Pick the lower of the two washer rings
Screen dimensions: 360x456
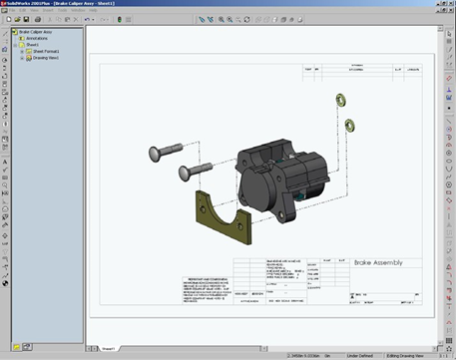pyautogui.click(x=350, y=125)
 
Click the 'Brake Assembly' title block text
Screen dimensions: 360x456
pyautogui.click(x=379, y=263)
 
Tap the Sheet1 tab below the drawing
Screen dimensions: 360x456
pyautogui.click(x=107, y=348)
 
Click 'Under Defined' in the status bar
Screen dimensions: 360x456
pyautogui.click(x=360, y=355)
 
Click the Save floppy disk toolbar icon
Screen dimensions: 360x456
pyautogui.click(x=25, y=20)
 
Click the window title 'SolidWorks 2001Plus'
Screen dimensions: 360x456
pyautogui.click(x=30, y=4)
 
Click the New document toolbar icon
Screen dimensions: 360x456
pyautogui.click(x=7, y=20)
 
